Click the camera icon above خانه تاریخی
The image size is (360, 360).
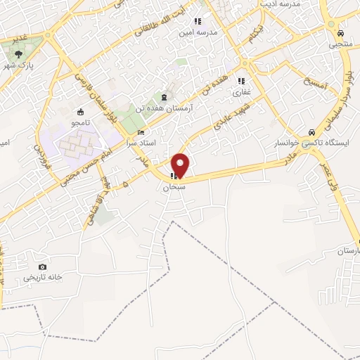click(43, 267)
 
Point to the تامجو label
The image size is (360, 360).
click(78, 122)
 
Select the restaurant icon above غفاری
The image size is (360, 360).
click(242, 80)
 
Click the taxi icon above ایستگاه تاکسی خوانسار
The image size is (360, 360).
click(311, 132)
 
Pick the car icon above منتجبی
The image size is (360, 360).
click(340, 33)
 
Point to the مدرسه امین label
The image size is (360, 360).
click(198, 32)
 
